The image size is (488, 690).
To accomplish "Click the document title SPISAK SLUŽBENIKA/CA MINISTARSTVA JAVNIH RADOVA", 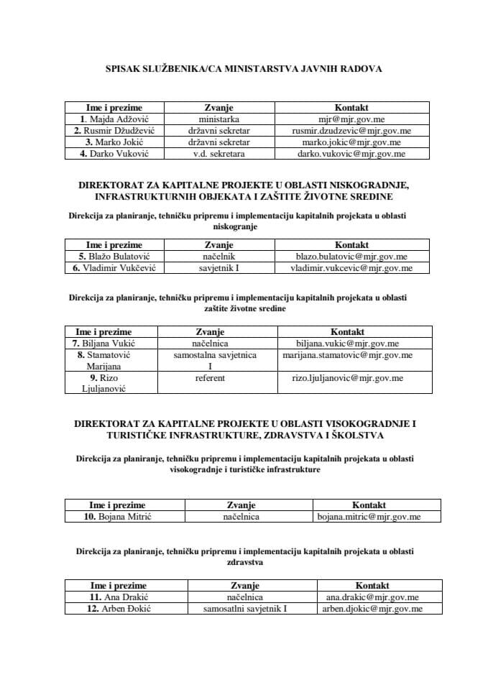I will click(244, 69).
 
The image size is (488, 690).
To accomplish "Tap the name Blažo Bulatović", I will click(114, 256).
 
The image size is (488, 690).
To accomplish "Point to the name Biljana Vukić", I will click(110, 343).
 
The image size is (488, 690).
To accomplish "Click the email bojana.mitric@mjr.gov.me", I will click(369, 516).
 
